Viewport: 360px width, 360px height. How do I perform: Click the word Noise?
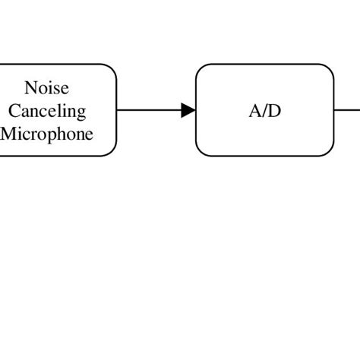pos(46,88)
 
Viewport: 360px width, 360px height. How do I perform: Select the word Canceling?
pos(47,111)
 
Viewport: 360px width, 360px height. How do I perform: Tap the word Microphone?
pos(47,134)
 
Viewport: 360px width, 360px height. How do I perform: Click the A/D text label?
pos(264,111)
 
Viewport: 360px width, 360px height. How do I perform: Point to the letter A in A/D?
pos(254,111)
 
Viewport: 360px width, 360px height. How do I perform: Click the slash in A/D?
pos(264,111)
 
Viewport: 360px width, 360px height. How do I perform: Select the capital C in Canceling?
pos(14,111)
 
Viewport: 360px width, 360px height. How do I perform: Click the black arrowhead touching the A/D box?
pos(188,111)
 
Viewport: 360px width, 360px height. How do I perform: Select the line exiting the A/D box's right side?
pos(347,111)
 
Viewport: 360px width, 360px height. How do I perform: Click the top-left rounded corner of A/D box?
pos(201,68)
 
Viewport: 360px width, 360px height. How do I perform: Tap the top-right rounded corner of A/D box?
pos(330,68)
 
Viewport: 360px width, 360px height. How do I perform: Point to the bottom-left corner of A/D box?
pos(201,152)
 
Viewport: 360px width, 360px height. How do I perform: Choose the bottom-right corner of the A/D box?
pos(330,152)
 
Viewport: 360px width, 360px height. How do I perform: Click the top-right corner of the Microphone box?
pos(112,68)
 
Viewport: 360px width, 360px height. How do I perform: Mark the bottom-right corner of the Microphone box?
pos(112,152)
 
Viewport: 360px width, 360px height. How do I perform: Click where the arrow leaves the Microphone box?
pos(118,111)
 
